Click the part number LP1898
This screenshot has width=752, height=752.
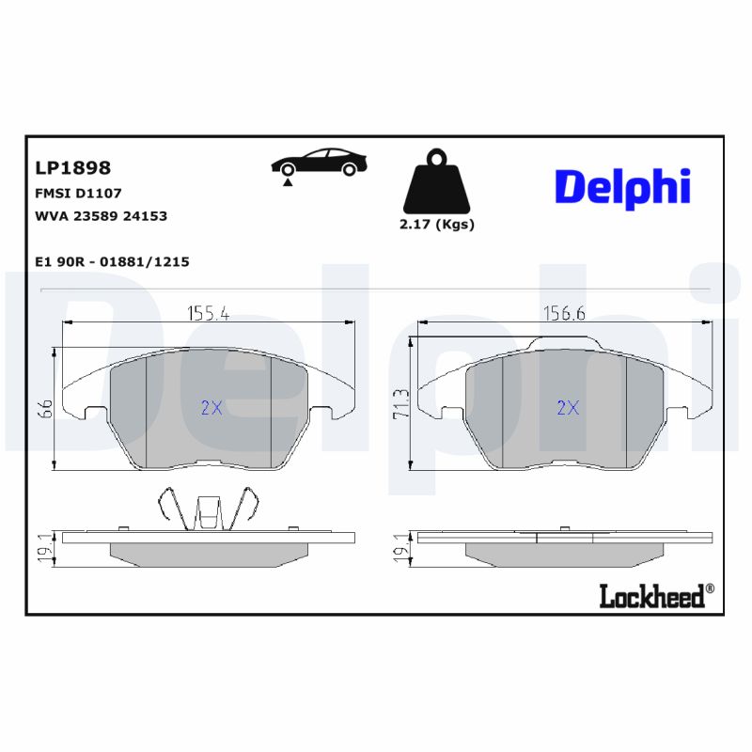72,168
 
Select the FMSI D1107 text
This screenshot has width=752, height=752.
78,193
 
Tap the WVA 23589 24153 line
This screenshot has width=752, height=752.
101,216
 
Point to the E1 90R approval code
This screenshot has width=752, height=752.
112,262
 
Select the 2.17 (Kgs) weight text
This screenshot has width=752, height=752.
437,225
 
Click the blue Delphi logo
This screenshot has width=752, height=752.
622,187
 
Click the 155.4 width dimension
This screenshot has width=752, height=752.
208,314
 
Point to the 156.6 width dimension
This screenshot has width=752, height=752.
564,314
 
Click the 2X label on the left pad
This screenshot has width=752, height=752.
211,408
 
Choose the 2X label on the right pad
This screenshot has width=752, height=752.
567,408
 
